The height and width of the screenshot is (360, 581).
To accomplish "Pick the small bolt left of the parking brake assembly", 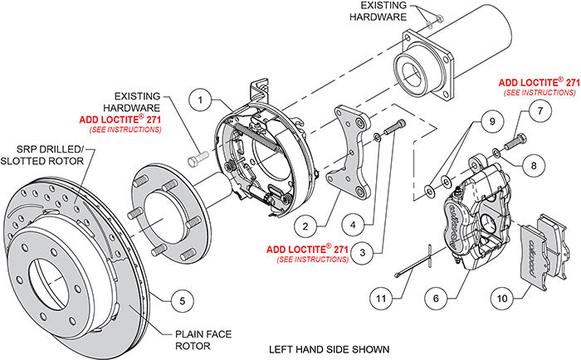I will click(x=196, y=157).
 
